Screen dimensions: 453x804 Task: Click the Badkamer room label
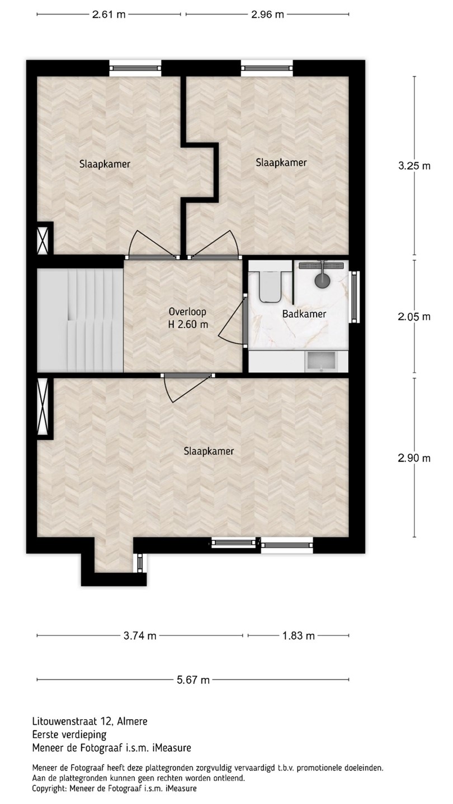click(x=304, y=314)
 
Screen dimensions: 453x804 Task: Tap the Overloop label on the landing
click(x=187, y=312)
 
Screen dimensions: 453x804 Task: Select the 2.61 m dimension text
click(x=108, y=15)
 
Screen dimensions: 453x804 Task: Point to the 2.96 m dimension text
click(x=267, y=15)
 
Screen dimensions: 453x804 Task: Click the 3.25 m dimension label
click(x=414, y=166)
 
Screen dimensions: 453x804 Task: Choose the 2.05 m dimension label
click(x=414, y=317)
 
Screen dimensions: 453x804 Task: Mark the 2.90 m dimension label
click(x=414, y=458)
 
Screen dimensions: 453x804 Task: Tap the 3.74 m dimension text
click(x=140, y=635)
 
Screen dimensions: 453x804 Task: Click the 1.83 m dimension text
click(x=299, y=635)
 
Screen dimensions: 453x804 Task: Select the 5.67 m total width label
click(x=193, y=680)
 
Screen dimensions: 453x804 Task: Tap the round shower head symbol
click(x=322, y=280)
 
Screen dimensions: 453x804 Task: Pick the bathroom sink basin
click(x=320, y=361)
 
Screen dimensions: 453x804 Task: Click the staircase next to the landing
click(x=80, y=321)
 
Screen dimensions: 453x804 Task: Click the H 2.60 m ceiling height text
click(x=188, y=324)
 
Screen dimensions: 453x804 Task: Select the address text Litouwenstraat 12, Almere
click(x=90, y=721)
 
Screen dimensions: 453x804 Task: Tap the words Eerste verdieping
click(x=69, y=734)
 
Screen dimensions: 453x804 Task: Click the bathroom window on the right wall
click(x=355, y=297)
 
